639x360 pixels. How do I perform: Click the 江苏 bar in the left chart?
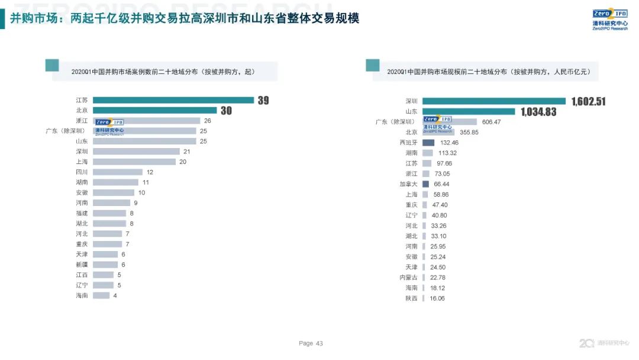(173, 100)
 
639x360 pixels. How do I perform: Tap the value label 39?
(263, 100)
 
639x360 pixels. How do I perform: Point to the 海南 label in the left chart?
(82, 295)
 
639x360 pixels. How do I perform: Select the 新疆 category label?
(82, 265)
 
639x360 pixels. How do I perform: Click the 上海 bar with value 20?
(134, 162)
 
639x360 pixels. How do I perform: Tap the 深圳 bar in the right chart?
(494, 101)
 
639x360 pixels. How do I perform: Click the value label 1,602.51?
(589, 101)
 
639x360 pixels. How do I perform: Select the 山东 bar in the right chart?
(469, 111)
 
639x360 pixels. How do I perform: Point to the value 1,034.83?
(538, 111)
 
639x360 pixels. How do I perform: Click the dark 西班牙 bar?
(428, 143)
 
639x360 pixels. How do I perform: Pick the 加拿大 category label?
(408, 184)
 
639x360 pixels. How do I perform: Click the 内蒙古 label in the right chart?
(408, 277)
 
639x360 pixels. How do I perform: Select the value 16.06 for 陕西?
(437, 298)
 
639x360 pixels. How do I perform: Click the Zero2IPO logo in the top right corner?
(609, 19)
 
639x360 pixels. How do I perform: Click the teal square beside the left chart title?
(52, 65)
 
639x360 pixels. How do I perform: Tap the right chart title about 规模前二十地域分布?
(488, 72)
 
